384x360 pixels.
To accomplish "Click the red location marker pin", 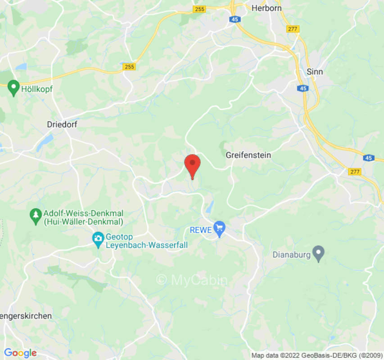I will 193,164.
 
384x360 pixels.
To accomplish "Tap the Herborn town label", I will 267,8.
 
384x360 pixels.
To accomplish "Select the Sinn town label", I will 314,72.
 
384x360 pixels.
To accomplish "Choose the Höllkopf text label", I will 37,89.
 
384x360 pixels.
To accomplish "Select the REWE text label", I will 200,230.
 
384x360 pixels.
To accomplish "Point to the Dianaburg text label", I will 292,255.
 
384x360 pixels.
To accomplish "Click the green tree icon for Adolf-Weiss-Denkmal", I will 35,216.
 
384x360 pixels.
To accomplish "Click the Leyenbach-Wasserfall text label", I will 146,245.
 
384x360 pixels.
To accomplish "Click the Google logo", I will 20,353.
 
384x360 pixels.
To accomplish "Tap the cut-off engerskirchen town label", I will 26,316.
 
